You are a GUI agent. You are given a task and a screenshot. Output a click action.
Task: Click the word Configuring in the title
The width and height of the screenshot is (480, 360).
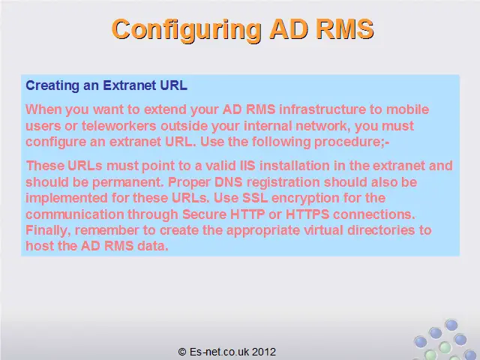[x=187, y=30]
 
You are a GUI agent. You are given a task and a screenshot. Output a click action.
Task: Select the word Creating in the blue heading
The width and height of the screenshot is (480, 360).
[x=52, y=85]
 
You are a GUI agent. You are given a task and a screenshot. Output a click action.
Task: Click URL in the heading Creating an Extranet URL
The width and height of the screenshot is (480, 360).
[x=173, y=85]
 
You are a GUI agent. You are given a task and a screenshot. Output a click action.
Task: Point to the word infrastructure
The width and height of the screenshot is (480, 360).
[x=322, y=109]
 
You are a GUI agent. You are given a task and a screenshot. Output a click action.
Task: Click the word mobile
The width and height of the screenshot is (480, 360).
[x=407, y=109]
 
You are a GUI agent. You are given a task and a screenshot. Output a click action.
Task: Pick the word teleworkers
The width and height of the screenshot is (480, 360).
[x=118, y=126]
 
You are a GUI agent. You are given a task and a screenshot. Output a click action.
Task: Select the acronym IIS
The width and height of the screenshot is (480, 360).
[x=247, y=166]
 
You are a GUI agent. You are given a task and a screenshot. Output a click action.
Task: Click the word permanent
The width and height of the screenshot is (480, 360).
[x=127, y=182]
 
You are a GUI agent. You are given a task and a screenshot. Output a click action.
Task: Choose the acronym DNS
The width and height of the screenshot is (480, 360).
[x=228, y=181]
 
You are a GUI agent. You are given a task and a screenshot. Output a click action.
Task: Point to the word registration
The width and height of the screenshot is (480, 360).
[x=283, y=182]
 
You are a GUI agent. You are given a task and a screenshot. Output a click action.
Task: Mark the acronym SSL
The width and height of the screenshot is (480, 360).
[x=255, y=198]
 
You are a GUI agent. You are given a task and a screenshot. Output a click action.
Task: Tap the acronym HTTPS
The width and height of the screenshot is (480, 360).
[x=307, y=214]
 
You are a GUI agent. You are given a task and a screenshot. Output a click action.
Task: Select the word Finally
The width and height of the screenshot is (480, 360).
[x=48, y=230]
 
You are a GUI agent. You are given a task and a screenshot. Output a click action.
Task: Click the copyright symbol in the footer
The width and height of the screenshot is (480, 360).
[x=182, y=352]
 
